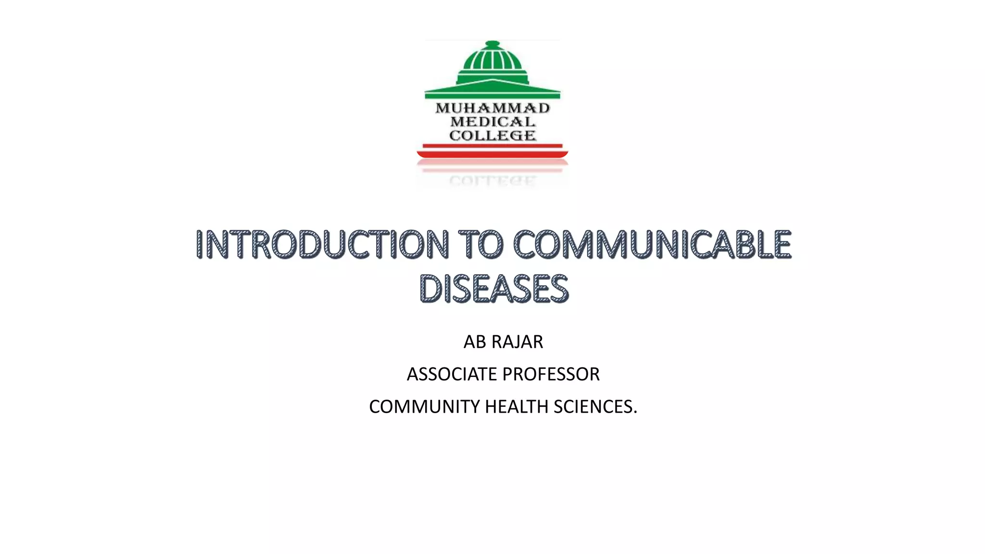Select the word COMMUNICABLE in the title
pyautogui.click(x=652, y=244)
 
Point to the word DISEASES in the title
pyautogui.click(x=493, y=289)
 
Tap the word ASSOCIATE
pyautogui.click(x=452, y=374)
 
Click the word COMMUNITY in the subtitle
pyautogui.click(x=425, y=407)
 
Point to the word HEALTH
pyautogui.click(x=517, y=407)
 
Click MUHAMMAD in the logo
pyautogui.click(x=492, y=108)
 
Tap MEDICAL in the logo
pyautogui.click(x=492, y=122)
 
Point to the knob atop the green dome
pyautogui.click(x=492, y=44)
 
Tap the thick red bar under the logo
pyautogui.click(x=492, y=154)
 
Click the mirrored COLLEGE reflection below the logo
pyautogui.click(x=492, y=181)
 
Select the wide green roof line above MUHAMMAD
pyautogui.click(x=492, y=91)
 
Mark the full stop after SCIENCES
pyautogui.click(x=635, y=413)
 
